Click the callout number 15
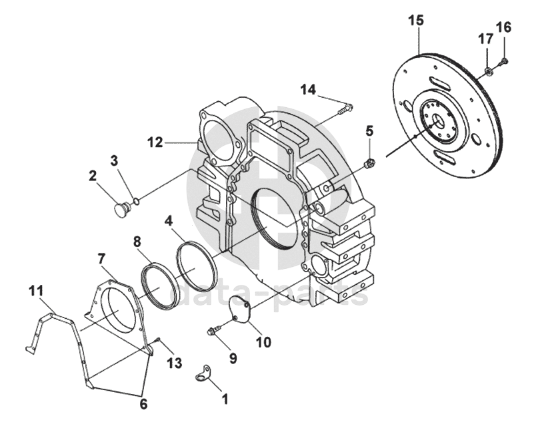pos(416,21)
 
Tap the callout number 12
pos(155,142)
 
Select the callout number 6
pos(143,404)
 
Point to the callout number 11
pos(36,291)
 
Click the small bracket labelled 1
pos(203,373)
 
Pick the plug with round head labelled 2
pos(121,208)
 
